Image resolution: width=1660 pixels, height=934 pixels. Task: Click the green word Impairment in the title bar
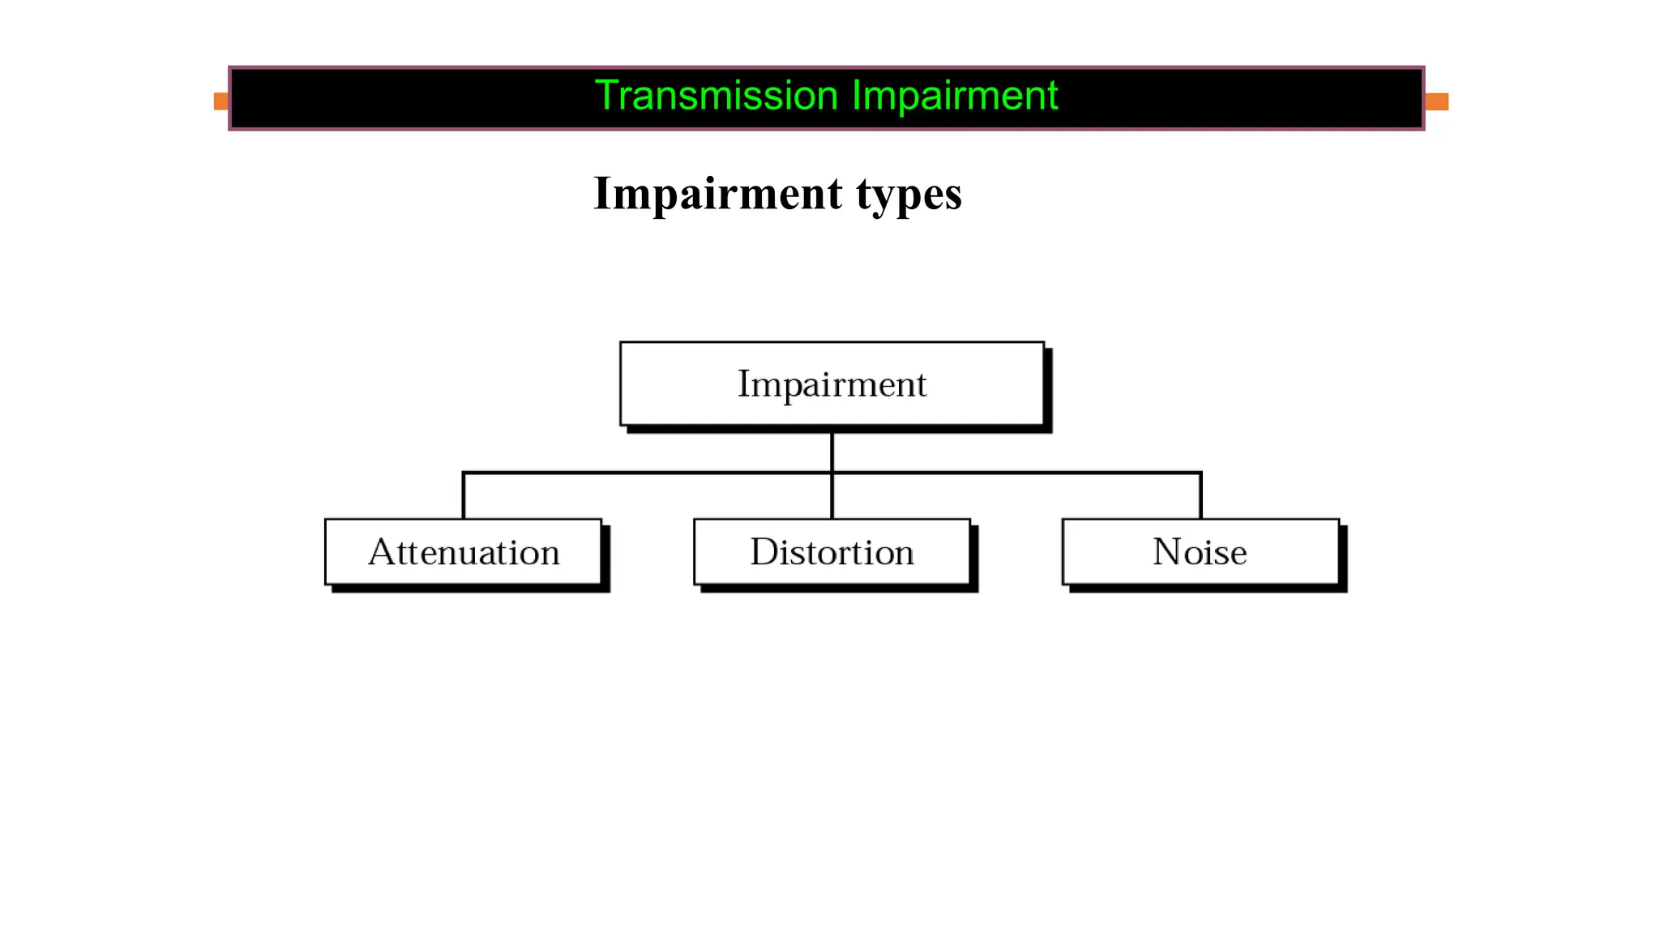[x=954, y=96]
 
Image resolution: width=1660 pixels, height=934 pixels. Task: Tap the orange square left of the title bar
[x=220, y=101]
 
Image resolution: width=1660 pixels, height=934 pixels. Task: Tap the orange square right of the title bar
[x=1436, y=101]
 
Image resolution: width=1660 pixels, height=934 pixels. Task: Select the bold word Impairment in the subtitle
[x=717, y=194]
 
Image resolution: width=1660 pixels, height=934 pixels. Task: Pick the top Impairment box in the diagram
[x=832, y=383]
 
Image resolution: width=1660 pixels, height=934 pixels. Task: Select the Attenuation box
[x=464, y=552]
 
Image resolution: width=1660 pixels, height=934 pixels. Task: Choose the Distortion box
[x=832, y=552]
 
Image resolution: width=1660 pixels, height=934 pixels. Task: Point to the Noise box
[x=1200, y=552]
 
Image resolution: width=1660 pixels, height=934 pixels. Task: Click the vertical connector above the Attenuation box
[x=464, y=496]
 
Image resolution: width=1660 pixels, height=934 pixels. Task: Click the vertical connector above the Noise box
[x=1200, y=496]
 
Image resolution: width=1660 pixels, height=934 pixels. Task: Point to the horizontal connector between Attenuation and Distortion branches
[x=648, y=472]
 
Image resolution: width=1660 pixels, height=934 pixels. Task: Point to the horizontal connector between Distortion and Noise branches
[x=1016, y=472]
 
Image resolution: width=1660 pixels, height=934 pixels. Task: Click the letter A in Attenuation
[x=383, y=552]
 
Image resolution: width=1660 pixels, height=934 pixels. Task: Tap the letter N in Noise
[x=1167, y=552]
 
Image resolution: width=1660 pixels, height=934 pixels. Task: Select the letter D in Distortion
[x=764, y=552]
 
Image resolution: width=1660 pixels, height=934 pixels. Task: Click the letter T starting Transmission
[x=606, y=96]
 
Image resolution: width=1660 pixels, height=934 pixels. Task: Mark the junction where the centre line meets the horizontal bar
[x=832, y=472]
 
